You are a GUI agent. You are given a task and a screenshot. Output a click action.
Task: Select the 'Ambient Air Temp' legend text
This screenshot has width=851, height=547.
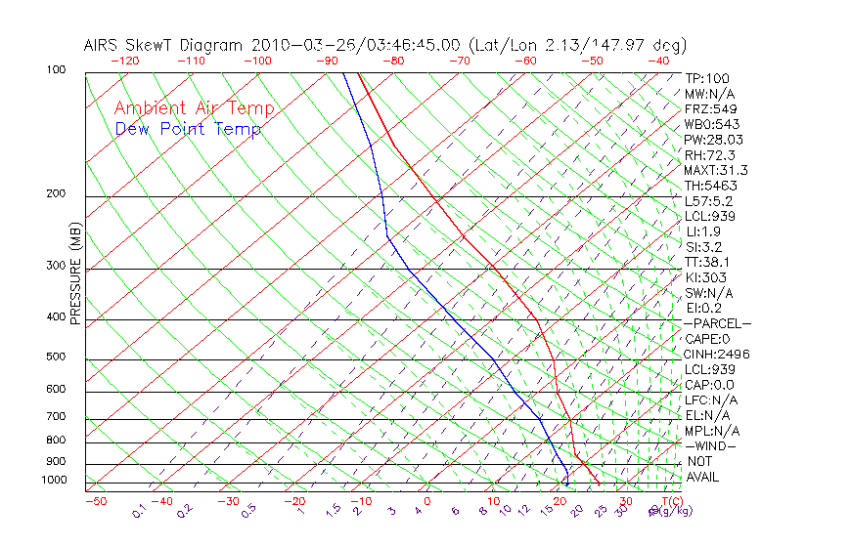pos(194,108)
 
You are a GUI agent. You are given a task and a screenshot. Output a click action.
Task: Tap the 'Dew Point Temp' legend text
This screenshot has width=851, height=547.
pos(188,129)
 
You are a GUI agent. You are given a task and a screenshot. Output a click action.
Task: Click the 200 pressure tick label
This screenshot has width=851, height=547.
pos(56,194)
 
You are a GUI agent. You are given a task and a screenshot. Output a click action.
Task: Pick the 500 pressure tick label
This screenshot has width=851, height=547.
pos(56,358)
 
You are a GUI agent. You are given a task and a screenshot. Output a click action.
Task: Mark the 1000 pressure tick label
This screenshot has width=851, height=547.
pos(53,481)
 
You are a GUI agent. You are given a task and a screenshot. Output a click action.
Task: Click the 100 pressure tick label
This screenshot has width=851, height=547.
pos(56,70)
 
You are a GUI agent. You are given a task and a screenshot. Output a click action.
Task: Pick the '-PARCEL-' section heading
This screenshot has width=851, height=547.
pos(717,323)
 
